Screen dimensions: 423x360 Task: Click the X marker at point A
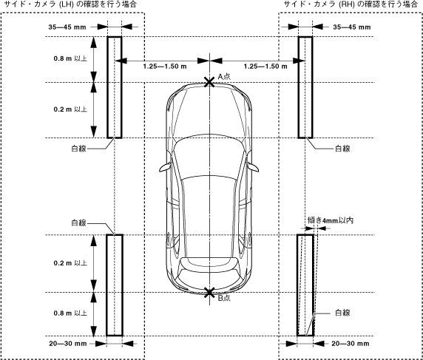[209, 82]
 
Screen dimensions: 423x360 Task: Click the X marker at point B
[209, 292]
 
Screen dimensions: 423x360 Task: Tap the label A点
[224, 76]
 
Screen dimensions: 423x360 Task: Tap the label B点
[224, 298]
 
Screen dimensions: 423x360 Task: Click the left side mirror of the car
[165, 168]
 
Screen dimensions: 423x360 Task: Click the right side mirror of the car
[253, 167]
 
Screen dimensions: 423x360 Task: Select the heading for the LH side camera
[70, 4]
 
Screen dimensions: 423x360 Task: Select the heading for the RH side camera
[351, 4]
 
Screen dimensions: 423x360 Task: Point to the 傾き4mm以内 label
[331, 220]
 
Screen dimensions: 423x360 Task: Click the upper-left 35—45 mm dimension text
[67, 27]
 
